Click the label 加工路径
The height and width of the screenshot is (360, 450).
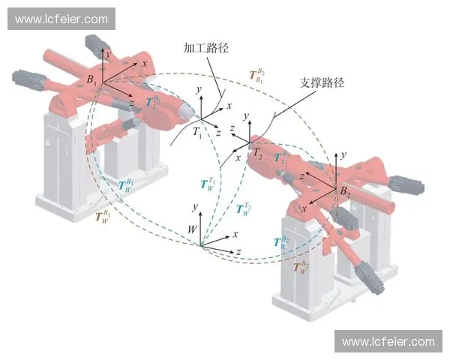point(206,48)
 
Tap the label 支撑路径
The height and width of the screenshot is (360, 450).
point(322,82)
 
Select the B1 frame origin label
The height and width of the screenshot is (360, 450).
point(91,79)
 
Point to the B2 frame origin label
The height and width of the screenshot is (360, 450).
point(345,192)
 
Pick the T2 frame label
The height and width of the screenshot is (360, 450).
point(258,152)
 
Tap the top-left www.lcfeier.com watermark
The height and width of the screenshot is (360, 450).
point(62,19)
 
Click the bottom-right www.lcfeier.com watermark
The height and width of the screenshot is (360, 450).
point(388,341)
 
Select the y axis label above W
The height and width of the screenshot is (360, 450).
point(195,206)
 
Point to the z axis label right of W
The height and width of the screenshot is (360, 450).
point(238,250)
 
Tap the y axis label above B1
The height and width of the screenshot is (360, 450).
point(109,54)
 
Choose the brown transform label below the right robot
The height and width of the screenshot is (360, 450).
point(300,267)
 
